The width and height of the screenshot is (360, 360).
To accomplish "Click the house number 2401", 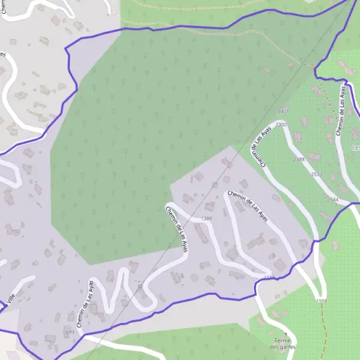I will tap(283, 112).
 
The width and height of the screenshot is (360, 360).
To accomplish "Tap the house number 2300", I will tap(281, 124).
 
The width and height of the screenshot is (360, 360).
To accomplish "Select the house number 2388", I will tap(299, 160).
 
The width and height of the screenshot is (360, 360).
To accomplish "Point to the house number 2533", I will tap(317, 174).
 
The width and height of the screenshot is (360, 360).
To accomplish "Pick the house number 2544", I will tap(332, 199).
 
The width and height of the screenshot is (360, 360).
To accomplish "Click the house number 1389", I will tap(207, 218).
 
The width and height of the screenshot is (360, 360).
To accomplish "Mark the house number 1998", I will tap(321, 301).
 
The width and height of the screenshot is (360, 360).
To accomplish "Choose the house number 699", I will tap(70, 332).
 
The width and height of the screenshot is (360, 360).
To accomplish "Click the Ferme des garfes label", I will tap(283, 344).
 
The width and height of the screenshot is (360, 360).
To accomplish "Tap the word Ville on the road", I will tap(7, 298).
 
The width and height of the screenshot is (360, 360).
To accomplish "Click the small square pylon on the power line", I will tap(140, 287).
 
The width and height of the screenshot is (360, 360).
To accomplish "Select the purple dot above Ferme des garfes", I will tap(286, 333).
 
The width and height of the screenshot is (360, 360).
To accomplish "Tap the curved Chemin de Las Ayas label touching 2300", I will tap(259, 145).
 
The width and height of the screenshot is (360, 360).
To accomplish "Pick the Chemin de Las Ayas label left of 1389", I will tap(176, 229).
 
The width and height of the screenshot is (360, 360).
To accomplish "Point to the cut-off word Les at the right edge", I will tap(355, 148).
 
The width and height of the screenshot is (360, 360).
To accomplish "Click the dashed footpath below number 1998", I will tap(325, 330).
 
